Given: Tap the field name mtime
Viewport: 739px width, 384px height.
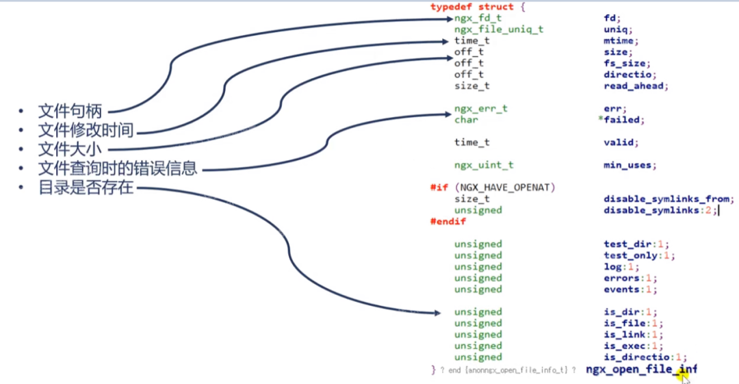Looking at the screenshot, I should click(621, 41).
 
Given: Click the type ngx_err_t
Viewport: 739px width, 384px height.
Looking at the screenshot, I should click(480, 109).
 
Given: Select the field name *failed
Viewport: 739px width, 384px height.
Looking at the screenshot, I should click(621, 120).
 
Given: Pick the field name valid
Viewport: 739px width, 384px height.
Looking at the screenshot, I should click(621, 142).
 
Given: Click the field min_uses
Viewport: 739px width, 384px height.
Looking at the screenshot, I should click(630, 165).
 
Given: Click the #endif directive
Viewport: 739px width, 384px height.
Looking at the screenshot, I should click(448, 221).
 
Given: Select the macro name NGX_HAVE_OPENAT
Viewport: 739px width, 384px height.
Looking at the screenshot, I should click(505, 188).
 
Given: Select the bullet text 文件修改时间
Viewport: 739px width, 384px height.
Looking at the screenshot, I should click(86, 130).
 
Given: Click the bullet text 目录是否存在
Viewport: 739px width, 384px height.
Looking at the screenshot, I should click(86, 187).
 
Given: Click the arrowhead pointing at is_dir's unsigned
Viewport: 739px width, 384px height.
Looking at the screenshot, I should click(438, 313).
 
